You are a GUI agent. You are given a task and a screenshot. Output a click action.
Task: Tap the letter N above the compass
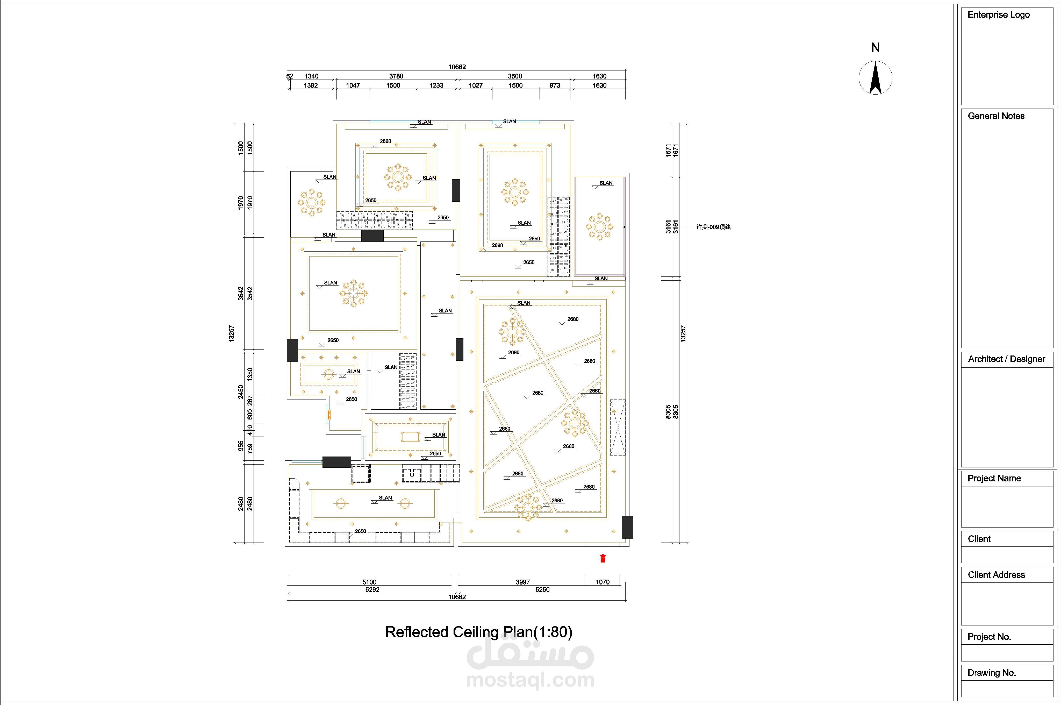[875, 48]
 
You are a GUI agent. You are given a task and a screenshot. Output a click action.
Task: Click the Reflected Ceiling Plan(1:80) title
[479, 632]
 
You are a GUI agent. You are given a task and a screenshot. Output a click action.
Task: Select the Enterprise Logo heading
[999, 15]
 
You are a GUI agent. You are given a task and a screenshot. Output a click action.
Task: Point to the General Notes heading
[996, 116]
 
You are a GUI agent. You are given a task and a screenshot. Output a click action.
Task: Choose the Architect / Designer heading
[1006, 359]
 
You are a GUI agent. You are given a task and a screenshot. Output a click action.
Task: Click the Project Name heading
[994, 478]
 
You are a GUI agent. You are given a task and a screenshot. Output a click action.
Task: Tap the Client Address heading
[996, 575]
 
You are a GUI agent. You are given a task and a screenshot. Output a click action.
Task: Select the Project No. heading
[989, 637]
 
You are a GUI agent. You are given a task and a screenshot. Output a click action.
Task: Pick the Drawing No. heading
[991, 673]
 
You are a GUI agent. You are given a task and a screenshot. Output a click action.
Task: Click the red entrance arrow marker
[603, 558]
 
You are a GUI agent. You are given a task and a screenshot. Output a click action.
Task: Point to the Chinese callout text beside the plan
[713, 227]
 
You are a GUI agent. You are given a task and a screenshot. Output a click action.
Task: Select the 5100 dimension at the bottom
[369, 582]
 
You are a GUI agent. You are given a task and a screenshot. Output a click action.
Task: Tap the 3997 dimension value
[523, 582]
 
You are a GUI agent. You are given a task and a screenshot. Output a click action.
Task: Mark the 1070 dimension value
[603, 582]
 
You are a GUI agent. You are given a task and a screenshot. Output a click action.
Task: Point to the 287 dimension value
[250, 400]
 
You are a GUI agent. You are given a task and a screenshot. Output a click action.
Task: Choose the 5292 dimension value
[372, 589]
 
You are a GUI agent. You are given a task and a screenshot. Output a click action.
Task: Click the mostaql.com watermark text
[530, 680]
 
